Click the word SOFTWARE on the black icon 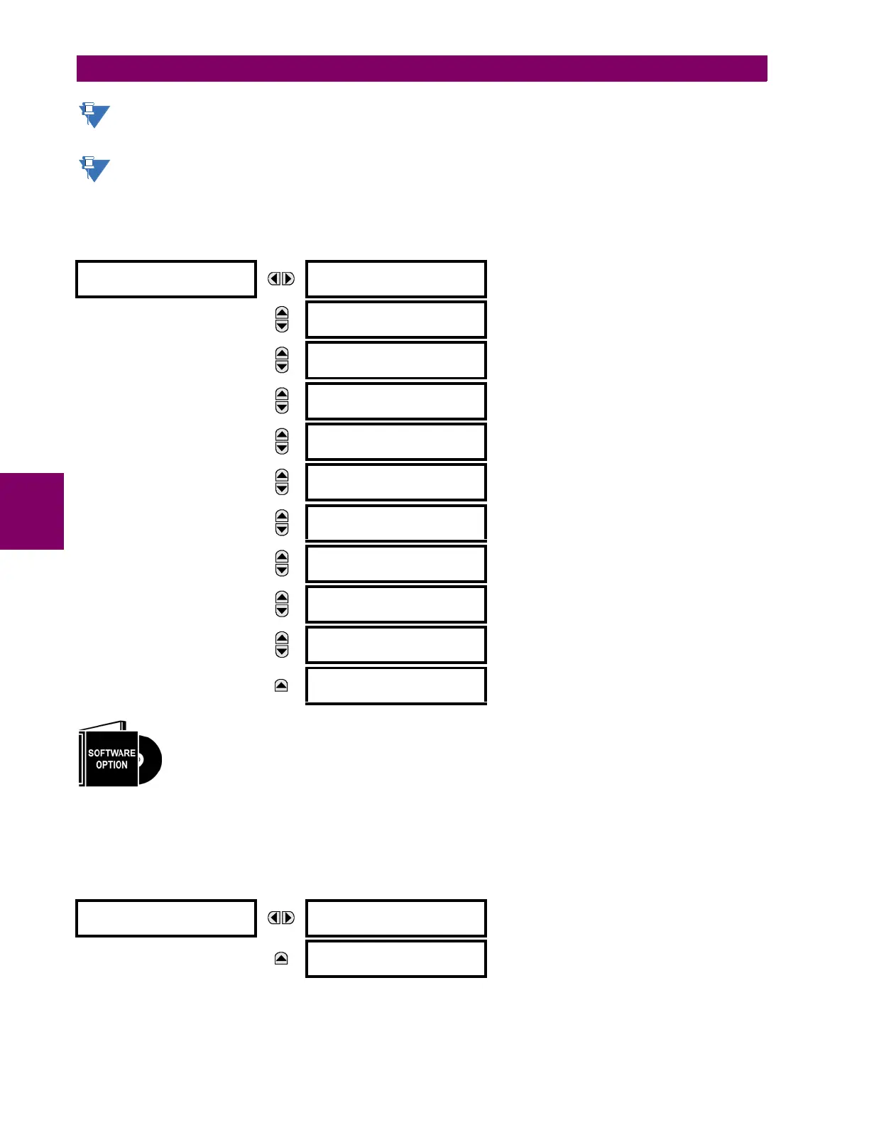pos(111,753)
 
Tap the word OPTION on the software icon pos(111,765)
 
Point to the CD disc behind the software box pos(150,760)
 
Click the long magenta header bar pos(422,69)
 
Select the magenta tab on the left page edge pos(32,511)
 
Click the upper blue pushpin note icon pos(94,115)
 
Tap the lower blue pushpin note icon pos(94,169)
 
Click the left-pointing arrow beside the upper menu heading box pos(274,279)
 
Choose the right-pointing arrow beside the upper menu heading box pos(288,279)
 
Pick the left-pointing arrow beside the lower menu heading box pos(274,918)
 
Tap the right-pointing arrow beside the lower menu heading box pos(288,918)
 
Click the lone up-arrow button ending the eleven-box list pos(281,685)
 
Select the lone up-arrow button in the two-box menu pos(281,959)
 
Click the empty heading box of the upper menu pos(165,279)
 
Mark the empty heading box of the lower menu pos(165,918)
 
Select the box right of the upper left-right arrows pos(396,279)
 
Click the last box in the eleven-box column pos(396,685)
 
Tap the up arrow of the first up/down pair pos(282,313)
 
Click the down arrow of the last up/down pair pos(282,651)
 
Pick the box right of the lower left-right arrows pos(396,918)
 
